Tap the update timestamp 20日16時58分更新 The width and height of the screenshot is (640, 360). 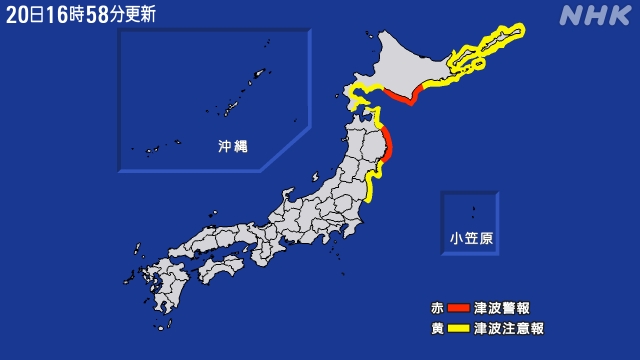tap(80, 14)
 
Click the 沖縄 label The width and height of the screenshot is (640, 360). tap(233, 146)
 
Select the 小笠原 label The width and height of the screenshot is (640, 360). tap(470, 238)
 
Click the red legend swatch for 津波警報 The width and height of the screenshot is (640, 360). tap(458, 308)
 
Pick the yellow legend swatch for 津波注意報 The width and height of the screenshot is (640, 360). tap(458, 328)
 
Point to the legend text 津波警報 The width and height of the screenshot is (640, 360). tap(502, 308)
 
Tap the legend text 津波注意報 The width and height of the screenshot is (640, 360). tap(509, 328)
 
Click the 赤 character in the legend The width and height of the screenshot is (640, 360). tap(437, 308)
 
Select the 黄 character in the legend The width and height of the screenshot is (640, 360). tap(437, 328)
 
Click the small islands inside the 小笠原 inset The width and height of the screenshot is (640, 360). tap(473, 211)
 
